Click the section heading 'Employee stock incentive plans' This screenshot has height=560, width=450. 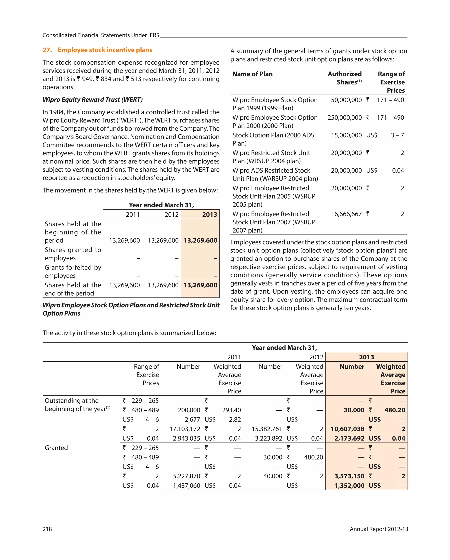pos(105,50)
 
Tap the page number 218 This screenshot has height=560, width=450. pos(47,529)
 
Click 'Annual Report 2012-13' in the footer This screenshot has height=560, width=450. pos(379,529)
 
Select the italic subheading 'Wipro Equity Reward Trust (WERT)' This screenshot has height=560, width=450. pos(93,99)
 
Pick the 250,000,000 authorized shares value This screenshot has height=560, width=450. pos(344,118)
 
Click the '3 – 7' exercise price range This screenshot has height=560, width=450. pos(397,135)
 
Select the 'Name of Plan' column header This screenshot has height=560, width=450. pos(252,74)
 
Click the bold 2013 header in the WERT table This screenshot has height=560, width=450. pos(209,214)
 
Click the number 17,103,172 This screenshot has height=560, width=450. pos(185,429)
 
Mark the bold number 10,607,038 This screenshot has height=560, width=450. pos(347,429)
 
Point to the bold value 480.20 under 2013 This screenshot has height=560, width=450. pos(394,410)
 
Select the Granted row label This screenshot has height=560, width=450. pos(56,448)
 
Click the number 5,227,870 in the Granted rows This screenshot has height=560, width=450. pos(186,476)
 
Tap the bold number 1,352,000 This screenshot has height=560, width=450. pos(349,485)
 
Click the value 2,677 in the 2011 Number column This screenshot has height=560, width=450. pos(192,419)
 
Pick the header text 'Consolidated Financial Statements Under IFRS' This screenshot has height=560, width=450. pos(101,35)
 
